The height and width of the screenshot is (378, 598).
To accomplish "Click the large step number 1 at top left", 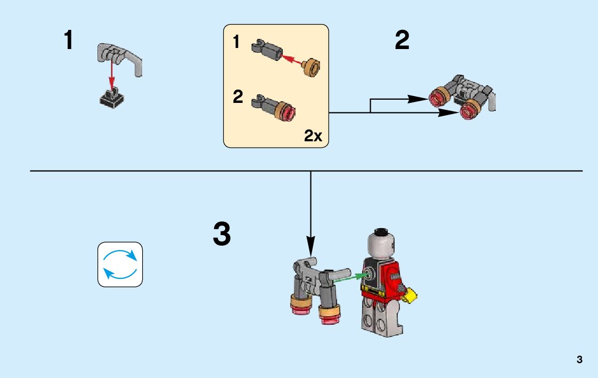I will point(69,41).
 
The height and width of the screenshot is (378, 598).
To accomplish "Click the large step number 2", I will point(402,41).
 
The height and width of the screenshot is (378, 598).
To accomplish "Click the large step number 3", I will point(222,235).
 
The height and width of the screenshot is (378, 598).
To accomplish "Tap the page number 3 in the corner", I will point(579,359).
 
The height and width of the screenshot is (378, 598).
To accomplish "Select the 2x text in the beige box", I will point(313,136).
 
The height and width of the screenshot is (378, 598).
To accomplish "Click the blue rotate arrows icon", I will point(120,264).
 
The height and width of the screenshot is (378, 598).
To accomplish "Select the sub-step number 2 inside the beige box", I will point(238,98).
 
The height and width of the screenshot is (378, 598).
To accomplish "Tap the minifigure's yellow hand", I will point(411,295).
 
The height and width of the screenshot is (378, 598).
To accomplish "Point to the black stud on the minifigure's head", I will point(381,232).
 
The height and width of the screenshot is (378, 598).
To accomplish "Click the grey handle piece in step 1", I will point(120,56).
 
